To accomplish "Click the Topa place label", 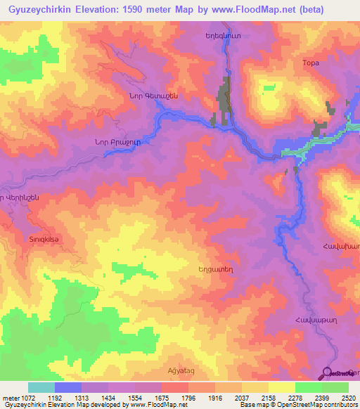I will coord(310,63).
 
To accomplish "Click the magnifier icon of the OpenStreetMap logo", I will coord(327,373).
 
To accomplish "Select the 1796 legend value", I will coord(188,398).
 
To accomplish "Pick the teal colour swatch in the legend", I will coord(41,387).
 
